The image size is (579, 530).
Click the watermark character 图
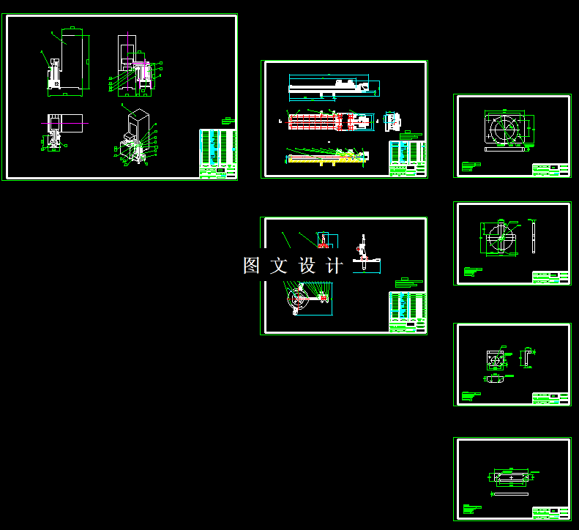(x=252, y=266)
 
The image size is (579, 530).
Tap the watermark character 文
(x=279, y=266)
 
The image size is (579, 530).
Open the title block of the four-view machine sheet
(x=217, y=153)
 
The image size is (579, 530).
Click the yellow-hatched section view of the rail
(x=326, y=157)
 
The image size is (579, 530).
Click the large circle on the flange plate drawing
(x=505, y=130)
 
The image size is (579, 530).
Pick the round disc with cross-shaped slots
(x=498, y=238)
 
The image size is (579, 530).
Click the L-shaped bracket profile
(x=526, y=359)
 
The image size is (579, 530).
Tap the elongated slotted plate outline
(x=510, y=477)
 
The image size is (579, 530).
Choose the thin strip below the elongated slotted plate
(x=510, y=493)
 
